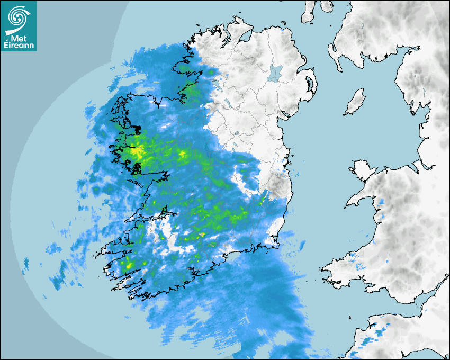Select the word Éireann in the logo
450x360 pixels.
click(x=20, y=46)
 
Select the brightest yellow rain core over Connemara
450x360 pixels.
click(x=136, y=152)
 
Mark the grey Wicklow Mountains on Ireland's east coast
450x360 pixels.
click(x=277, y=185)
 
